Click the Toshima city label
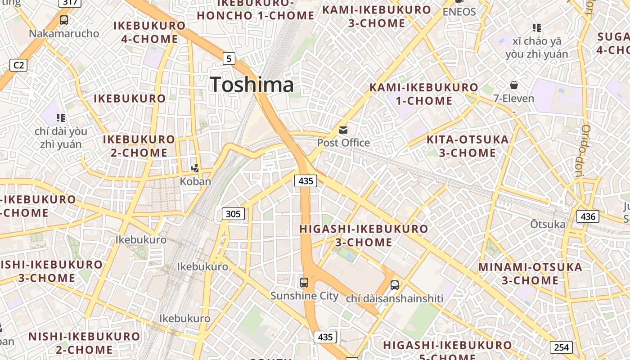click(252, 85)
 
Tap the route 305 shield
click(233, 214)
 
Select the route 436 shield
click(588, 216)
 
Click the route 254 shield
click(561, 347)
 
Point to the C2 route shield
click(18, 65)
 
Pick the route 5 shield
click(229, 58)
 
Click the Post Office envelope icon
click(343, 130)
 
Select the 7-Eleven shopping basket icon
click(513, 85)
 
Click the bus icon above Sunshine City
click(304, 283)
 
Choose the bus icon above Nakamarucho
click(64, 20)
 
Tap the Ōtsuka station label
click(548, 224)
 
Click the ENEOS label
click(459, 12)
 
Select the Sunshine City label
click(304, 296)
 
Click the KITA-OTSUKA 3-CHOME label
click(468, 146)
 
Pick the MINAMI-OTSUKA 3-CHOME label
click(530, 274)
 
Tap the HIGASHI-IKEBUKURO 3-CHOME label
click(364, 235)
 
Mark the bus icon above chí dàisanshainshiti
click(395, 285)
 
